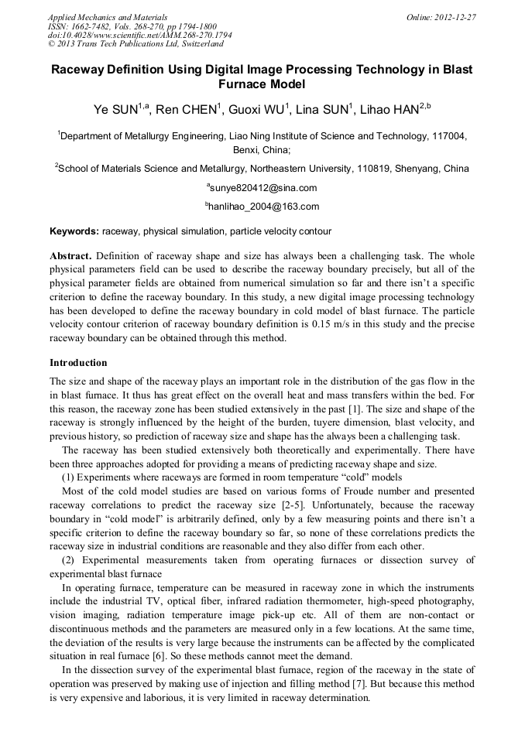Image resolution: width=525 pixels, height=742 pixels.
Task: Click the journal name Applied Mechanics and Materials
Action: click(108, 16)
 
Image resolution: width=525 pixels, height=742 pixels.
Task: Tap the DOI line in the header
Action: click(139, 35)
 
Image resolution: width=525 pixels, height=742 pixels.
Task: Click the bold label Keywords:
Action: click(74, 231)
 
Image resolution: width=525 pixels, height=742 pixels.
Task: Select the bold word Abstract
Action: click(71, 255)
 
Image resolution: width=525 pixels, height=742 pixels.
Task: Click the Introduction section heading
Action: click(78, 362)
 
